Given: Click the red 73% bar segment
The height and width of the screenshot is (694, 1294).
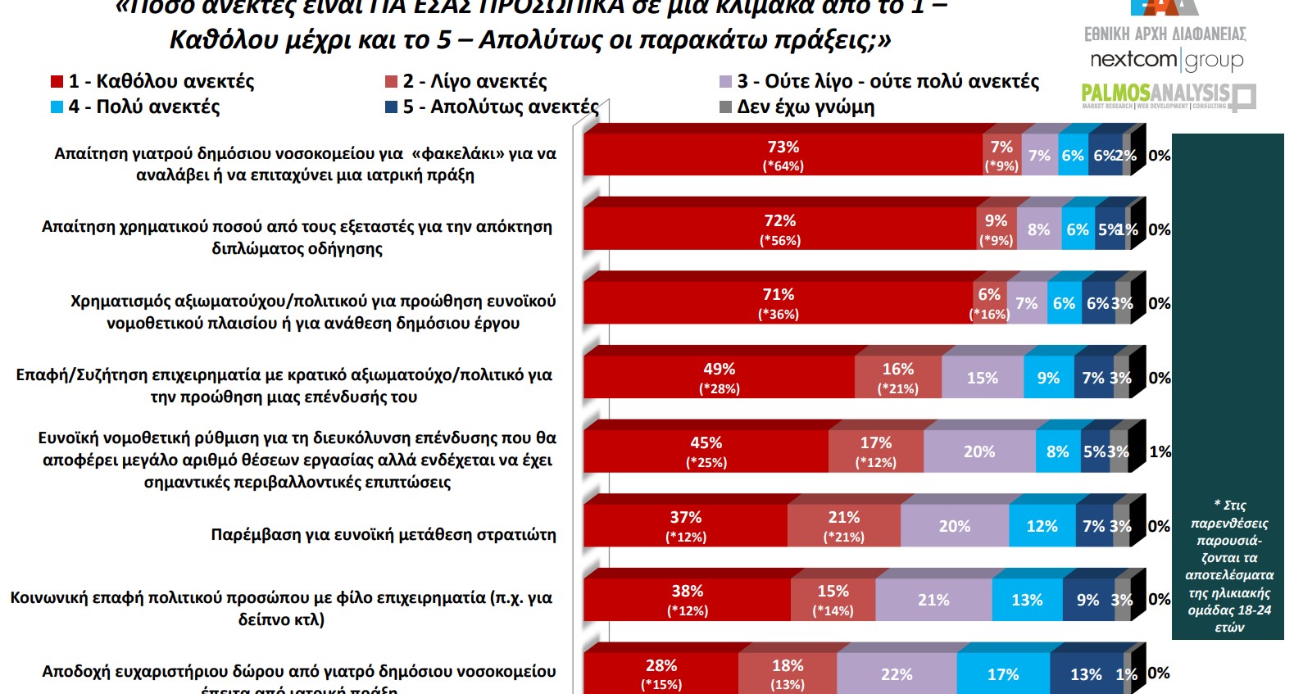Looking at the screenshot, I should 783,155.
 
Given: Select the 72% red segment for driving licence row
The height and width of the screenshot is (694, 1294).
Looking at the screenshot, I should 779,229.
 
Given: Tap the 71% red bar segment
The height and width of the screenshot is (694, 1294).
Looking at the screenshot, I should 778,303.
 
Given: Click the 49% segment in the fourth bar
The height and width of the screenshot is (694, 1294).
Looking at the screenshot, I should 719,378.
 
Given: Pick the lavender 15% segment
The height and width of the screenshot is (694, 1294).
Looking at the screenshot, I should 982,378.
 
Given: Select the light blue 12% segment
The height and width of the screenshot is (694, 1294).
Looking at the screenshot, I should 1042,526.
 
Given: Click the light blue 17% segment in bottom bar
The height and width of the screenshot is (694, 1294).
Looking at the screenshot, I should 1003,674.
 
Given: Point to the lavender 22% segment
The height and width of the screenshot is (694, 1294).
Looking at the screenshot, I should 897,674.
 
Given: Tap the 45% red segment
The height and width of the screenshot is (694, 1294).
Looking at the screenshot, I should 706,451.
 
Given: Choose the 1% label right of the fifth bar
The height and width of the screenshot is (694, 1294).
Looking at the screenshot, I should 1160,451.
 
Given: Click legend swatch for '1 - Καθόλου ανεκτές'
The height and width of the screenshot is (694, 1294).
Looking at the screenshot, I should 57,81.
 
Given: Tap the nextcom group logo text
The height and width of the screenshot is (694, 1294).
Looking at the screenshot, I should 1165,60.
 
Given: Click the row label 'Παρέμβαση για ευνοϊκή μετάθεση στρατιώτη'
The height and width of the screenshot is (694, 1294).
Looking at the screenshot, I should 384,534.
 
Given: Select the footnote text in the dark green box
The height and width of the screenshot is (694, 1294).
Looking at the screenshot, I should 1228,566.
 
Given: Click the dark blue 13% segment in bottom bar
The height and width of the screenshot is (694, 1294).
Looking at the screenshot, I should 1086,674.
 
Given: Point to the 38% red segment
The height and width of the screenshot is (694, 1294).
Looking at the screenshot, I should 687,600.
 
